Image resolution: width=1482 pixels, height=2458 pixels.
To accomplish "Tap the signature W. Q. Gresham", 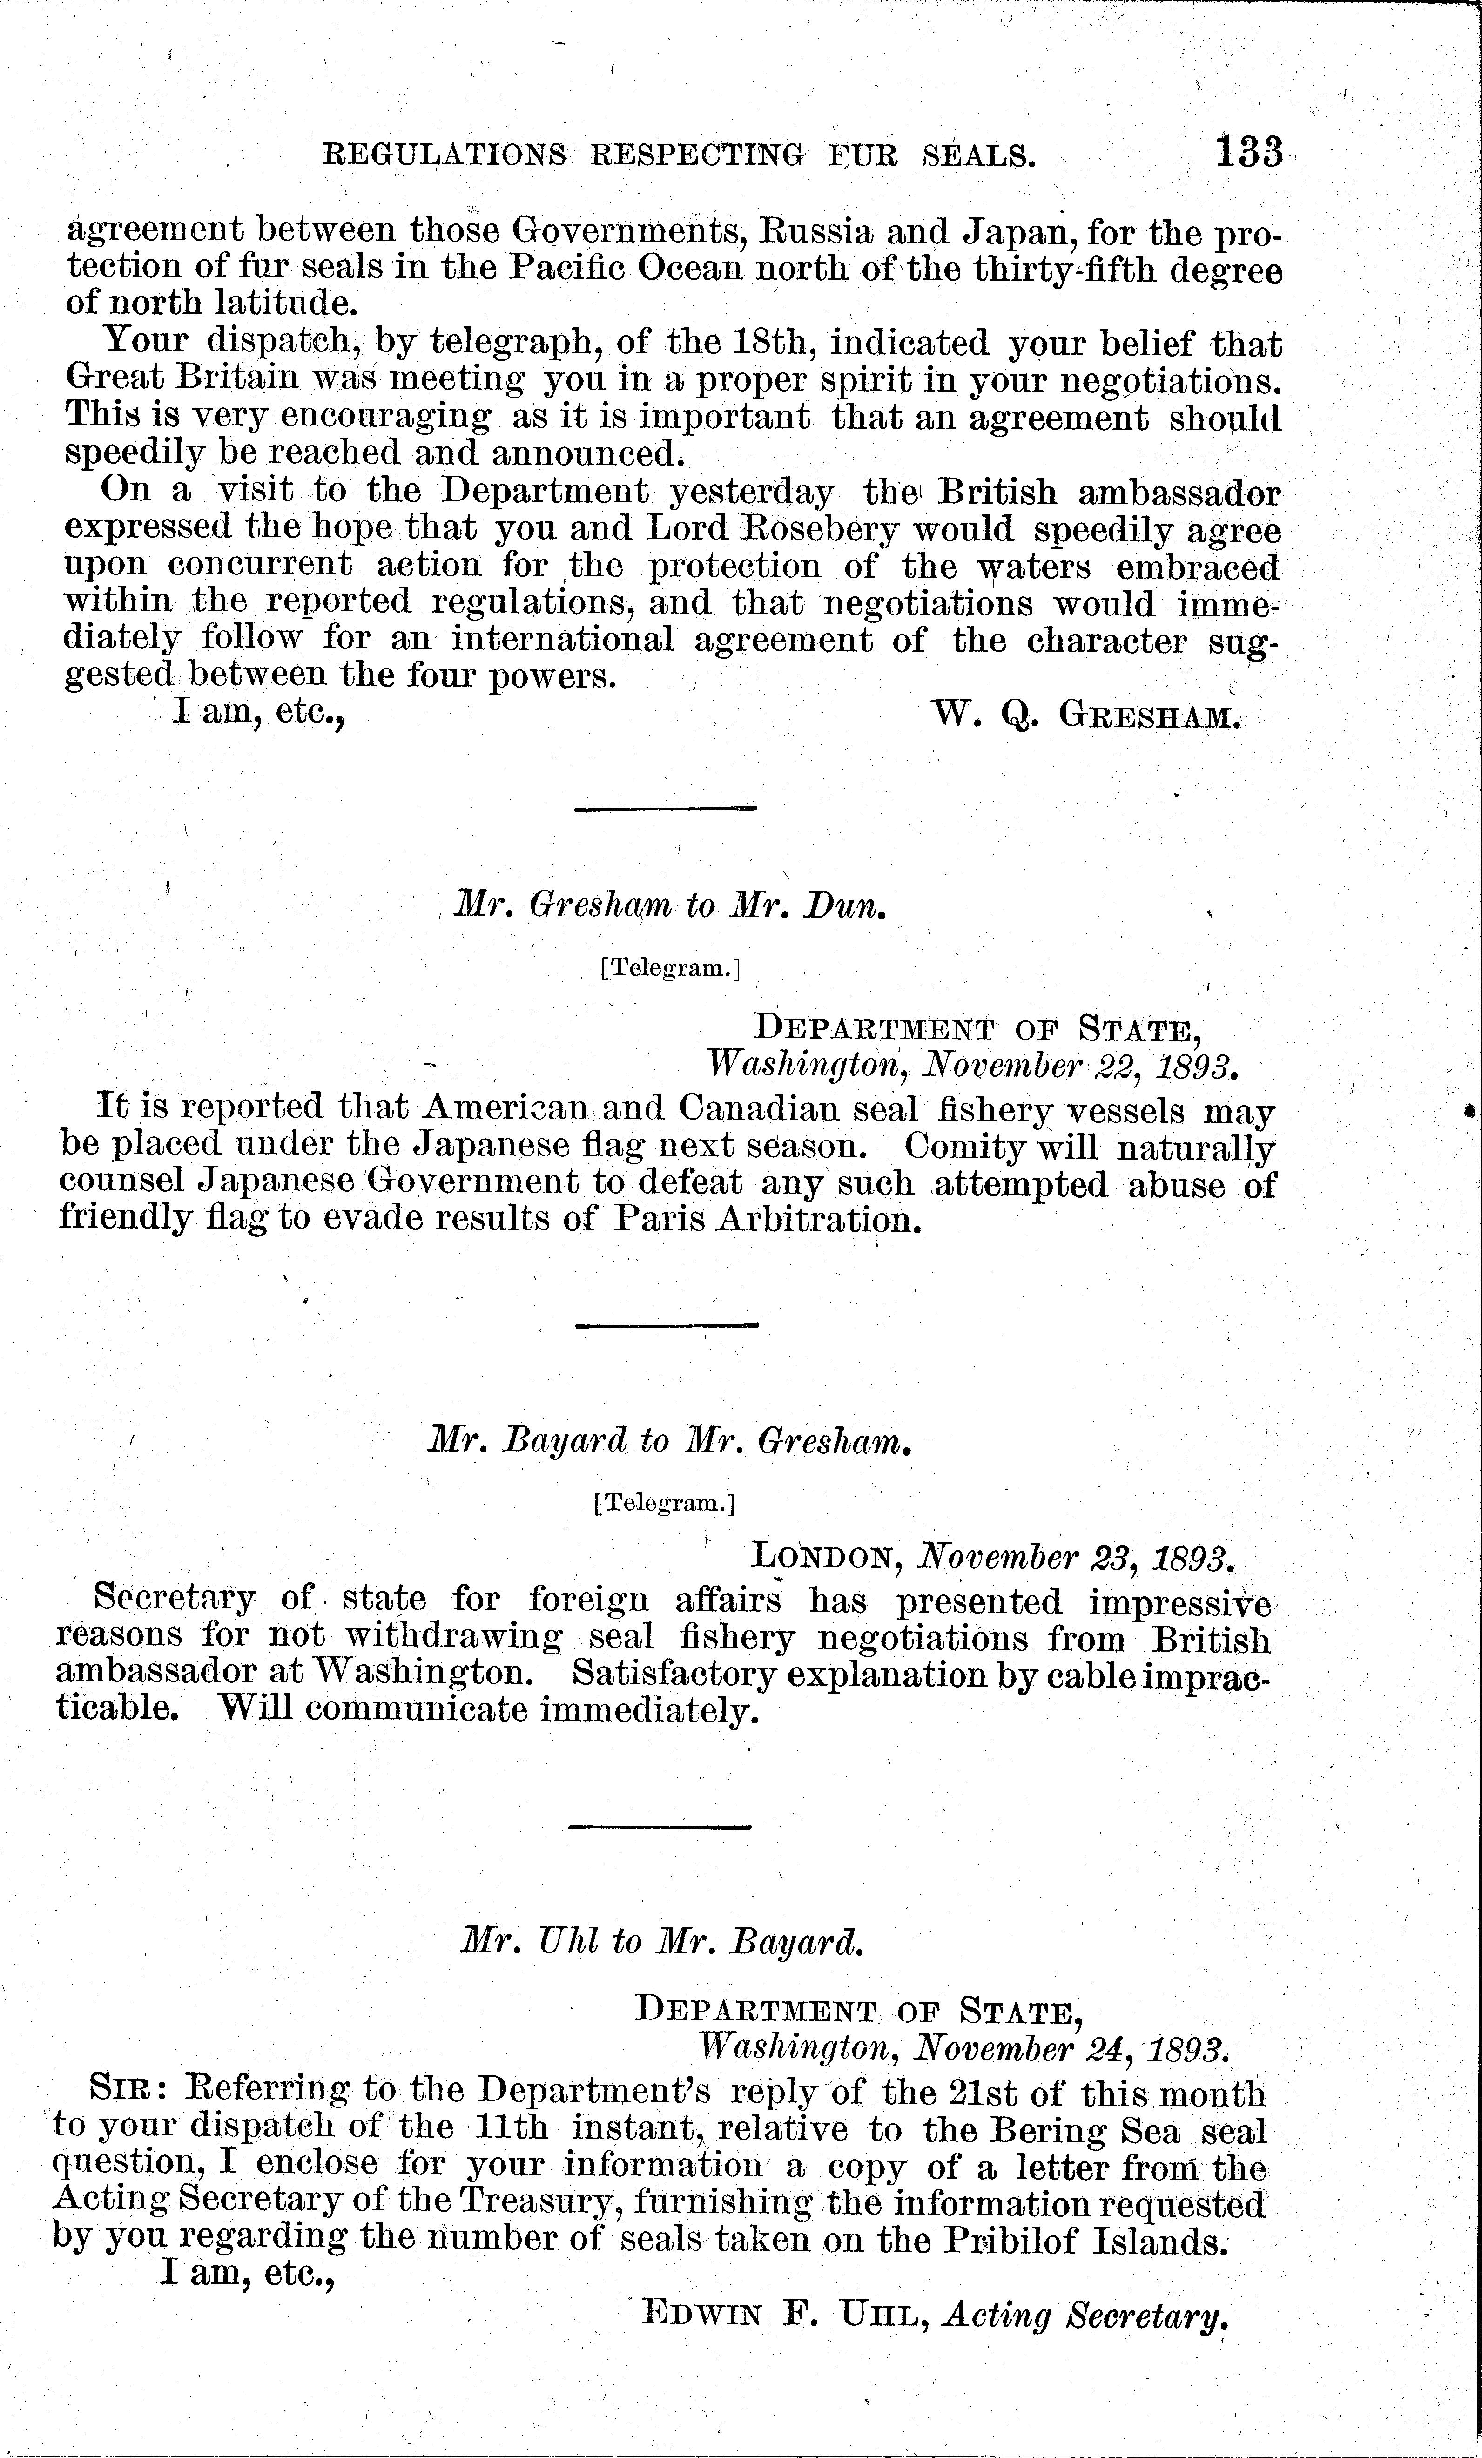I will (1085, 714).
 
